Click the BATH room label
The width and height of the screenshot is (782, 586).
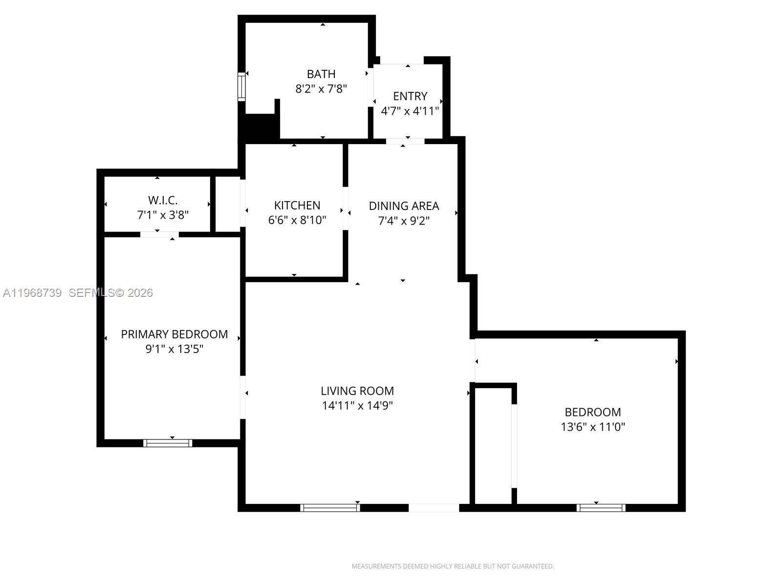[x=321, y=74]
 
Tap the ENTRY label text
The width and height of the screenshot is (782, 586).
[x=410, y=96]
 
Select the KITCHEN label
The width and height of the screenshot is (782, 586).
[x=297, y=206]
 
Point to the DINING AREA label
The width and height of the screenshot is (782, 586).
[x=404, y=206]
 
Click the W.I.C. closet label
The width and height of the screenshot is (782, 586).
[x=163, y=200]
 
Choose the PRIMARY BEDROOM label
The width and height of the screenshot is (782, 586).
[x=174, y=335]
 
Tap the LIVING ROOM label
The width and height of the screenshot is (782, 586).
[x=357, y=391]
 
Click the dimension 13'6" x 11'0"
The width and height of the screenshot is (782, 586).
[x=593, y=427]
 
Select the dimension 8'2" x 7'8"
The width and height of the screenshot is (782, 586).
[x=321, y=89]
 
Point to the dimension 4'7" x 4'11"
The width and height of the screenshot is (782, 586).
[x=410, y=111]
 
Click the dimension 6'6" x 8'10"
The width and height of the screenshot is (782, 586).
[x=297, y=220]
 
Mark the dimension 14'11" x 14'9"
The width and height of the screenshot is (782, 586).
[x=357, y=406]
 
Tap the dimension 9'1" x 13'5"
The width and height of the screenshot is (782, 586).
[x=174, y=349]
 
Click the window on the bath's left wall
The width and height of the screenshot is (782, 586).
[x=241, y=87]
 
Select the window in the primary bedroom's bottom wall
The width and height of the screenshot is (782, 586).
[x=168, y=443]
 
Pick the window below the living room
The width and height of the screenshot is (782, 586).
[x=330, y=508]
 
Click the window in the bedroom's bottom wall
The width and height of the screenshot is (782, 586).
[x=601, y=508]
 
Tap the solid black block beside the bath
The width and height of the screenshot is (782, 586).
[x=260, y=126]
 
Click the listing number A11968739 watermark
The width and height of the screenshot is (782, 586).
[x=32, y=293]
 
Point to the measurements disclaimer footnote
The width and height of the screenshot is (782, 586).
[x=453, y=566]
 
